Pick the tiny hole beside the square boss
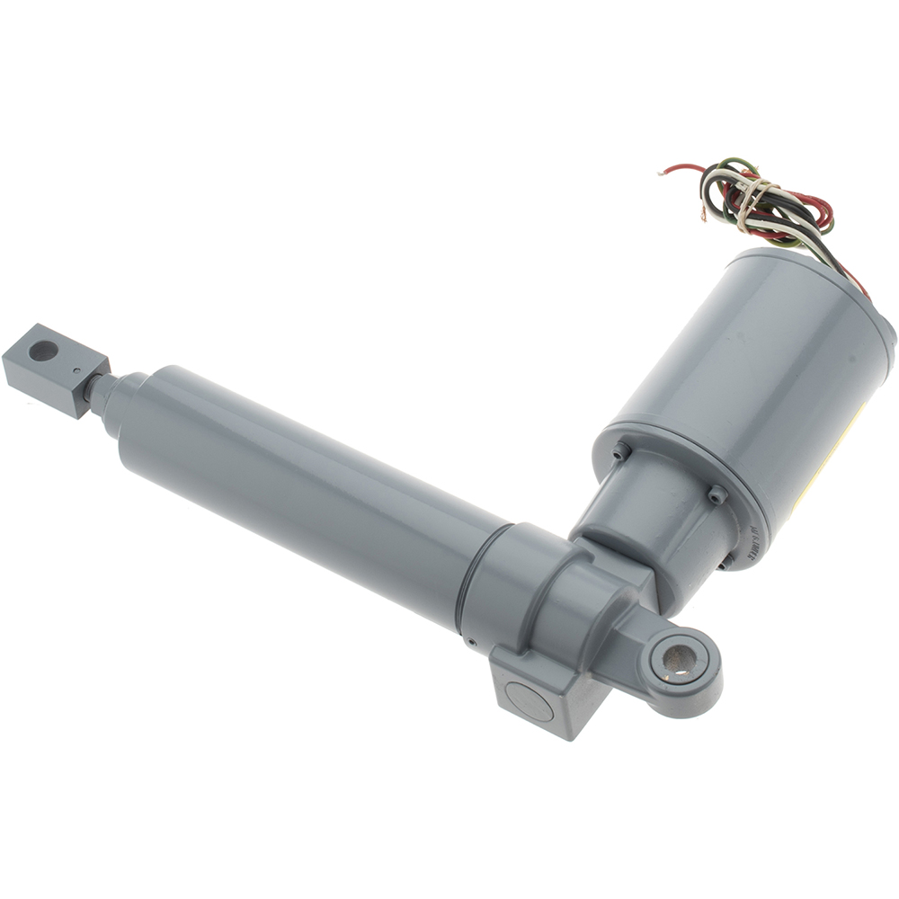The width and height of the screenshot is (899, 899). (x=470, y=642)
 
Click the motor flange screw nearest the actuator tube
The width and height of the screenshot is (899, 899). (x=619, y=452)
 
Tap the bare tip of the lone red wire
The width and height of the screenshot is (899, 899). (x=663, y=171)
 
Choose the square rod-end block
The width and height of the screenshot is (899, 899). (x=54, y=369)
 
